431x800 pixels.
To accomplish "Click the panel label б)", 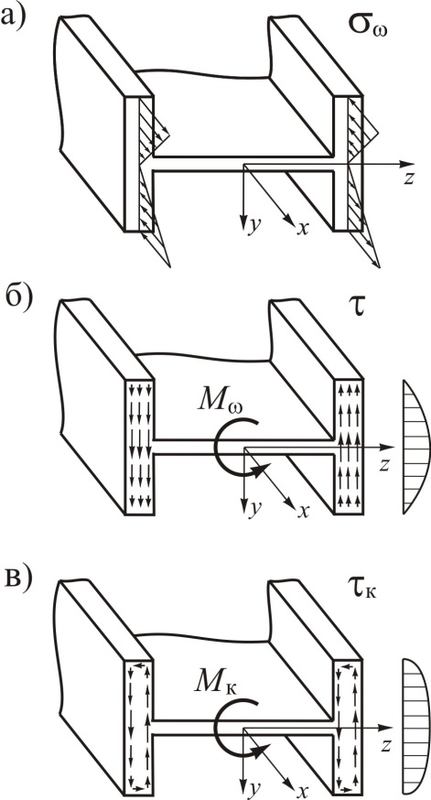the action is coord(16,301).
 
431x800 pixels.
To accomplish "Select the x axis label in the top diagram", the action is coord(303,228).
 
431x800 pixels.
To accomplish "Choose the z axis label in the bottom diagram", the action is coord(387,745).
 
